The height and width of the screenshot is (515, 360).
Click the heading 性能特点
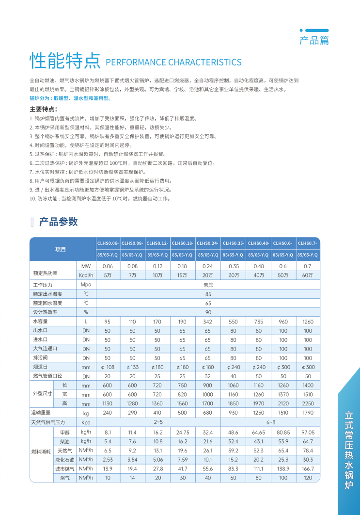pos(64,61)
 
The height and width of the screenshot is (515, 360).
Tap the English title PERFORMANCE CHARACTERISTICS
pos(173,63)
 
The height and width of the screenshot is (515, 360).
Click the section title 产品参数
pos(58,222)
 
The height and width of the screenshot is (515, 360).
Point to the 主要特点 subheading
pos(44,109)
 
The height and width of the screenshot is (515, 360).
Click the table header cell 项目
pos(61,249)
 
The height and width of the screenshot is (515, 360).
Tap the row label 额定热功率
pos(45,273)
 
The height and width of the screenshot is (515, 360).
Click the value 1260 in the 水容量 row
pos(308,322)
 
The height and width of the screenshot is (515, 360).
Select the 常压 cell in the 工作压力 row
pos(208,285)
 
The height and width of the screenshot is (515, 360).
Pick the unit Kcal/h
pos(86,275)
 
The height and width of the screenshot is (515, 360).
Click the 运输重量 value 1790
pos(308,413)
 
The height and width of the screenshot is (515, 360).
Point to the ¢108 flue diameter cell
pos(108,367)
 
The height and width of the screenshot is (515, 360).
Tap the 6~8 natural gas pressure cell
pos(270,422)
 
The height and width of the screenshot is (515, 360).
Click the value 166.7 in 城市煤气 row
pos(308,469)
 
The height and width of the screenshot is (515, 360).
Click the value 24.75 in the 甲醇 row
pos(183,432)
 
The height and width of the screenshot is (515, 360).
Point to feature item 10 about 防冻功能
pos(100,199)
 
